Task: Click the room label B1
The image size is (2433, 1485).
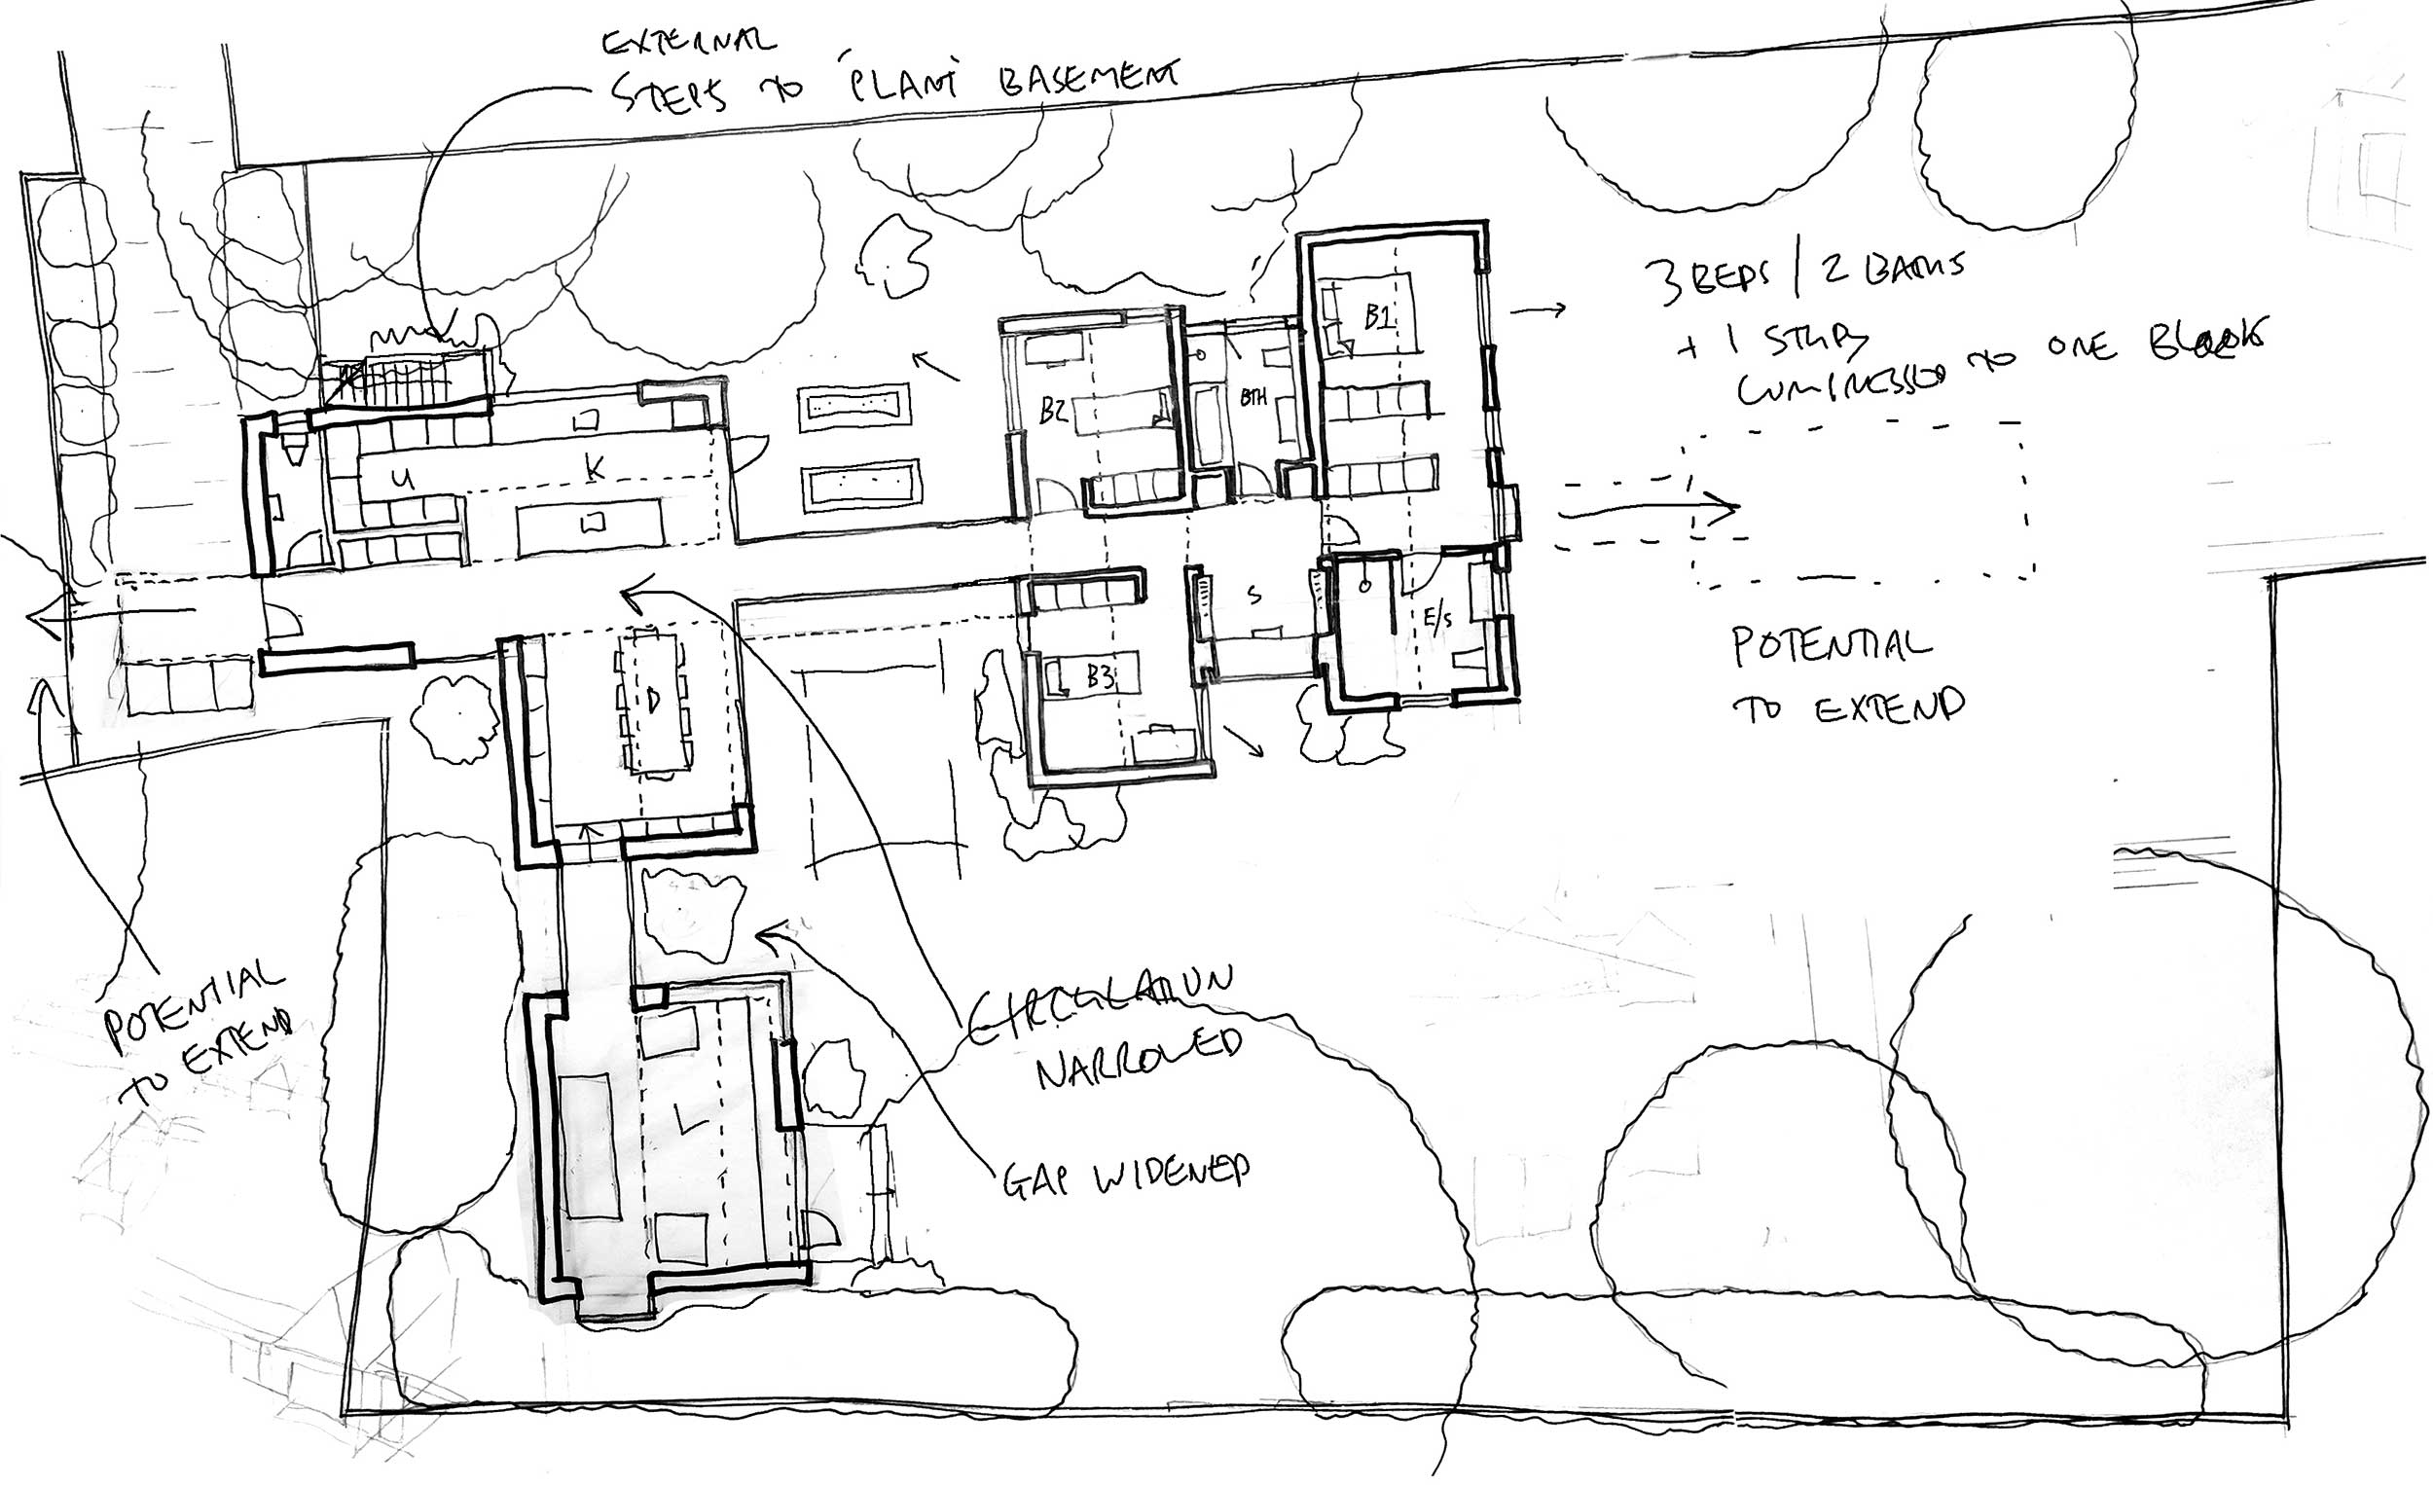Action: click(x=1378, y=317)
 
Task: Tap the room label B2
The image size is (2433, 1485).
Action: click(x=1054, y=412)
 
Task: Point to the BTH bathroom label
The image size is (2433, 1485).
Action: click(x=1253, y=398)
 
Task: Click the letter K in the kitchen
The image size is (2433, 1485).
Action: click(x=594, y=469)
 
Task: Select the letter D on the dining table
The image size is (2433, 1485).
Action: click(x=653, y=699)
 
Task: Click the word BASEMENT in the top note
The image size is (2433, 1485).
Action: click(x=1086, y=79)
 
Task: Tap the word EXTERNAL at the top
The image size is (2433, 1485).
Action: click(x=689, y=43)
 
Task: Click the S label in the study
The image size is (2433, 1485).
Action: click(x=1255, y=596)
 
